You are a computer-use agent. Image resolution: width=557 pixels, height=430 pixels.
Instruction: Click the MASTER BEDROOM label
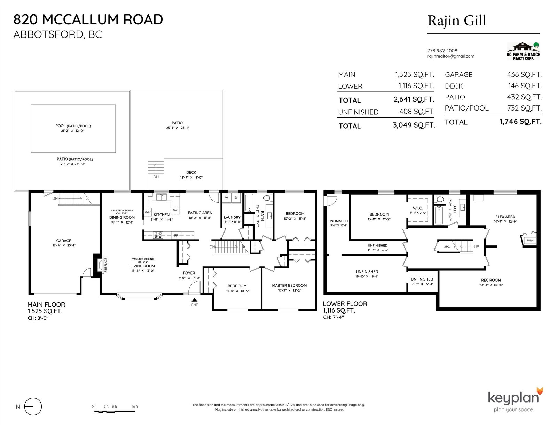(x=289, y=285)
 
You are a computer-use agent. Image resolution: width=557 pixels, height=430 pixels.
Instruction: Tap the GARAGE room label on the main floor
(x=64, y=241)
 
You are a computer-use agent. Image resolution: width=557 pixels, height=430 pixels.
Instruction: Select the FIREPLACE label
(x=105, y=265)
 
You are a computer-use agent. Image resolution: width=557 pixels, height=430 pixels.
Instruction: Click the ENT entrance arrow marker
(x=194, y=300)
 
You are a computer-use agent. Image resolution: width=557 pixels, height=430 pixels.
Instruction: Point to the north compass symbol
(x=33, y=406)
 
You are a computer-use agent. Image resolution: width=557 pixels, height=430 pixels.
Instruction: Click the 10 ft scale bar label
(x=135, y=406)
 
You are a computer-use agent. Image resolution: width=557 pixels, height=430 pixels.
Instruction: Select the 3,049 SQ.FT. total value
(x=414, y=125)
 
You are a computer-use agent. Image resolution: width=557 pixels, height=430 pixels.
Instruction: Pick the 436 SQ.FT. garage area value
(x=524, y=75)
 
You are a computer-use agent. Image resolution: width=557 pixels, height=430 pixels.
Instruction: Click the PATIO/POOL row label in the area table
(x=466, y=108)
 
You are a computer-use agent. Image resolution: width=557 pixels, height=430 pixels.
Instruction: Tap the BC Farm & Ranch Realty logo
(x=524, y=51)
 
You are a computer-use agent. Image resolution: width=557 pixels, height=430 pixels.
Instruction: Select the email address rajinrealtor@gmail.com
(x=450, y=56)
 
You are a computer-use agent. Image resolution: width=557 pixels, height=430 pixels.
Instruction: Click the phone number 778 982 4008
(x=442, y=51)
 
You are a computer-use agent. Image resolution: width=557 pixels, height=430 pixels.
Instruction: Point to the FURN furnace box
(x=530, y=240)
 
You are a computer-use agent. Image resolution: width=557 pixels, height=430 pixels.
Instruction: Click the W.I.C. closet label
(x=417, y=208)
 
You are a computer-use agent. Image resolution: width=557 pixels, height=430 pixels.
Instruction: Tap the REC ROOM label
(x=491, y=280)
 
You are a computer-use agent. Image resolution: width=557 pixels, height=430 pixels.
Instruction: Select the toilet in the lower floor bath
(x=440, y=199)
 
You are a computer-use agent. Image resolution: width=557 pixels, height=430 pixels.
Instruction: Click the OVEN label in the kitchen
(x=148, y=212)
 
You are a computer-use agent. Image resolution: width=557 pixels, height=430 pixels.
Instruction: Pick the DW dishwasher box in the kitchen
(x=175, y=210)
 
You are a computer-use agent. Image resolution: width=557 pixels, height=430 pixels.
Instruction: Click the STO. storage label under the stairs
(x=447, y=246)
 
